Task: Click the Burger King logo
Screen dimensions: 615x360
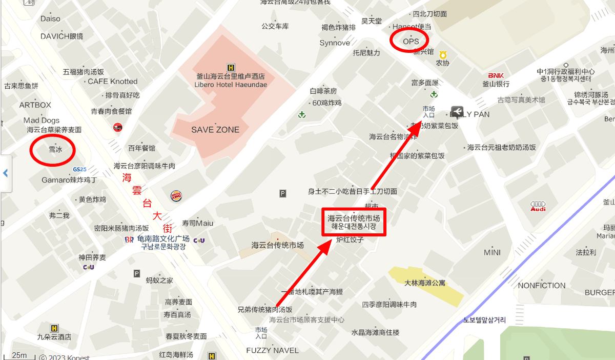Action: pos(176,195)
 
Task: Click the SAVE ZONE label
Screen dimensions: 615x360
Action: pos(215,130)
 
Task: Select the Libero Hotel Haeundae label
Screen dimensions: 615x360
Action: pos(231,85)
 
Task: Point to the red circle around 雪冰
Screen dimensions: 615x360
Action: pos(53,150)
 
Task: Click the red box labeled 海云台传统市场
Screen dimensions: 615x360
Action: pos(354,222)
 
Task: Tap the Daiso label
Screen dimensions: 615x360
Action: pos(51,19)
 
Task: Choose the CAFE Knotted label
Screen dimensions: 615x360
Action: pos(113,82)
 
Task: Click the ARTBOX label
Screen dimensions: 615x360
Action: pos(35,105)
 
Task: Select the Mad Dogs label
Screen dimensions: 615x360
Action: pos(42,121)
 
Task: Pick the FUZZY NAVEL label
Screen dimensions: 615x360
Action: pos(272,350)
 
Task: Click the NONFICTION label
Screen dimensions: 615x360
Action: pos(542,286)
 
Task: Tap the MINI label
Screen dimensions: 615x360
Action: pos(492,253)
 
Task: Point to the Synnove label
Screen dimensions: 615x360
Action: pos(335,43)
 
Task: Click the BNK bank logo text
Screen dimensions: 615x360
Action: pos(496,76)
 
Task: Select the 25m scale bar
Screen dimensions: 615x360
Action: pos(19,355)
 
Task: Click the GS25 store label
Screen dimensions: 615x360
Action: pos(79,169)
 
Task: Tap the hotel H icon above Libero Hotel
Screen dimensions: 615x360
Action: pos(231,67)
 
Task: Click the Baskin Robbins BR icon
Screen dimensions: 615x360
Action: pos(129,239)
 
